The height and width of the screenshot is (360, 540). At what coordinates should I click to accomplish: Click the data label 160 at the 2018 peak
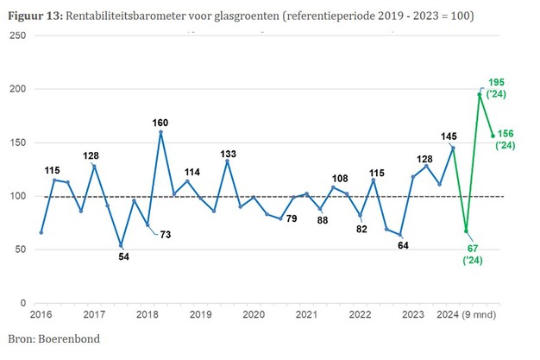click(160, 123)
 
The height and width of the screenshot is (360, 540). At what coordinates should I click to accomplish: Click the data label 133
click(227, 153)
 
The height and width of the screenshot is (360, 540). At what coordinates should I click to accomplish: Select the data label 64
click(403, 245)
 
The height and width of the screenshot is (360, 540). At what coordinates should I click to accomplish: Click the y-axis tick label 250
click(18, 35)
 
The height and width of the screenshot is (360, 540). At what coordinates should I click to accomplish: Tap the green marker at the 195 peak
click(480, 95)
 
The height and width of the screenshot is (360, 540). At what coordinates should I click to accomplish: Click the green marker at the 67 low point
click(466, 231)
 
